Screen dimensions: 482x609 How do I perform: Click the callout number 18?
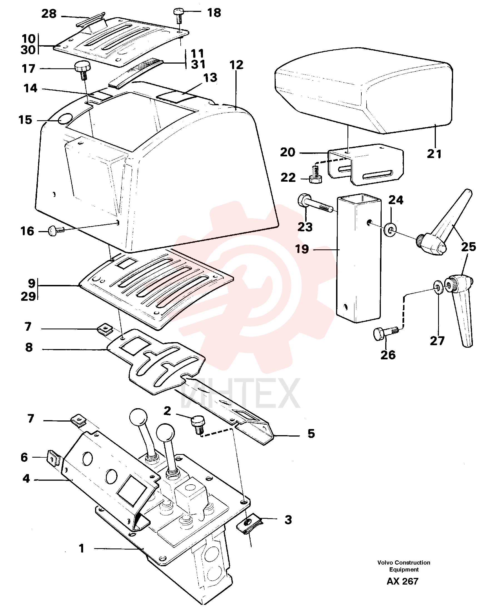[214, 13]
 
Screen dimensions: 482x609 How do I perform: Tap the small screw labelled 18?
[178, 16]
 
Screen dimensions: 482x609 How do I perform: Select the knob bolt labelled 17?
[83, 71]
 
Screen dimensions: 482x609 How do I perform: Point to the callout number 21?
[434, 154]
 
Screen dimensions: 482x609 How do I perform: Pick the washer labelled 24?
[390, 230]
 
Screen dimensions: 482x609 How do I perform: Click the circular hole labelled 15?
[66, 119]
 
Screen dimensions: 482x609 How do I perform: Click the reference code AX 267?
[403, 582]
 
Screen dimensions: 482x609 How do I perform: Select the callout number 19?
[302, 249]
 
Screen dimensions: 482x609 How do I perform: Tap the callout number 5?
[311, 433]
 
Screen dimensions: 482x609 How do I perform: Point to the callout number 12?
[236, 65]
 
